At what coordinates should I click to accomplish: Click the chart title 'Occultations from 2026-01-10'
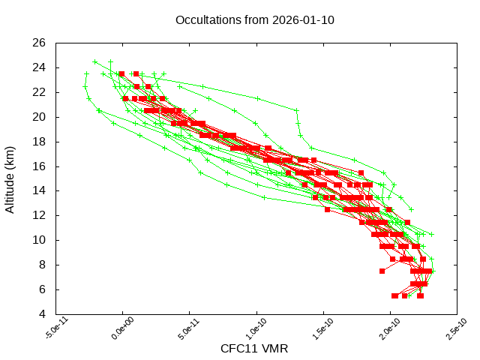point(254,20)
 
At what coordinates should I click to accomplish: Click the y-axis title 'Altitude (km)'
point(10,178)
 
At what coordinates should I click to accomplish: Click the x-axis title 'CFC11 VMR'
point(254,348)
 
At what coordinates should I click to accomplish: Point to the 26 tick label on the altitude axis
point(40,43)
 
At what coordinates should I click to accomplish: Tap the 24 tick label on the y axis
point(40,67)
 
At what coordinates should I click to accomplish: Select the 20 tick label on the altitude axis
point(40,117)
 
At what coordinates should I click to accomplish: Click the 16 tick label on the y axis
point(40,166)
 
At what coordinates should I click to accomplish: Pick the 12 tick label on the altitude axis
point(40,215)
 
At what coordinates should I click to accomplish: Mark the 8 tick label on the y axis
point(43,265)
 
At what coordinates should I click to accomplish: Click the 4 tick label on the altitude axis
point(43,313)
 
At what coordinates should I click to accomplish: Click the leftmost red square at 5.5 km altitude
point(394,295)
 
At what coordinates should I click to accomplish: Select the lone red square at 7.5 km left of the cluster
point(382,271)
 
